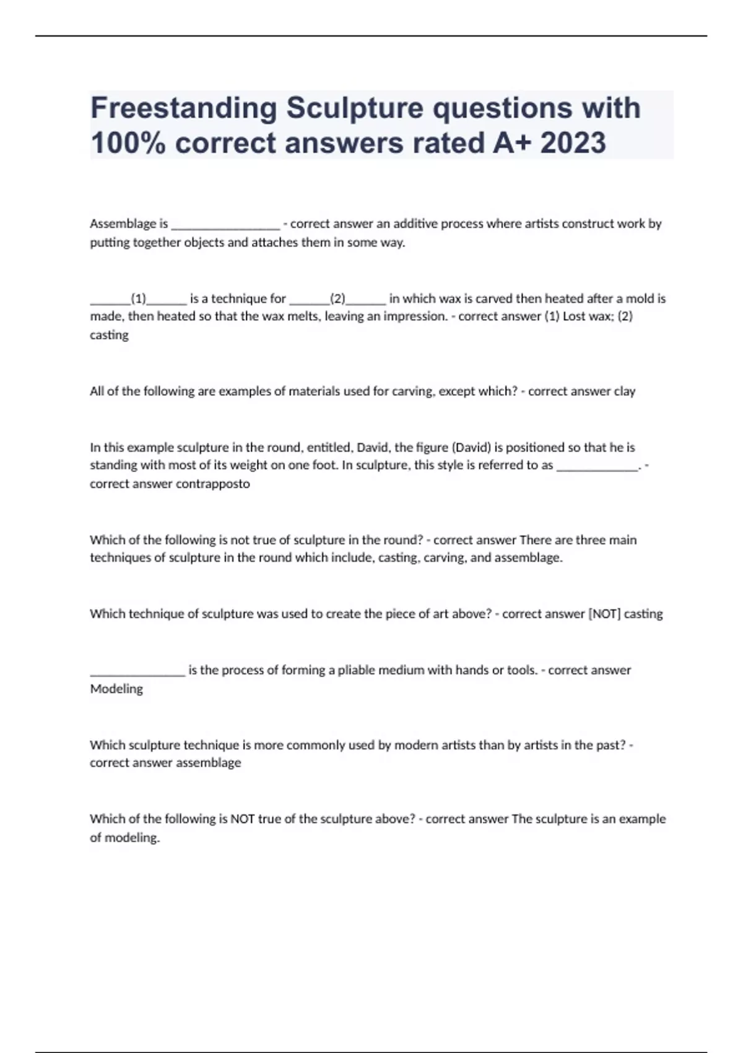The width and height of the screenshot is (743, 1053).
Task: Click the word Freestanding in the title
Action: [x=183, y=108]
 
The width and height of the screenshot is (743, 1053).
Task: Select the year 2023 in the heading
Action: [x=573, y=143]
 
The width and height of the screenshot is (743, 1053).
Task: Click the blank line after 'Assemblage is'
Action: [x=225, y=224]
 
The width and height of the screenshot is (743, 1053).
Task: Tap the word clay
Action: [x=624, y=391]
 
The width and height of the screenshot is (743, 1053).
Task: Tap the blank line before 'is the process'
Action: [x=137, y=671]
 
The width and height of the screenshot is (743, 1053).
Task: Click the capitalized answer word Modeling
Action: [x=116, y=689]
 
